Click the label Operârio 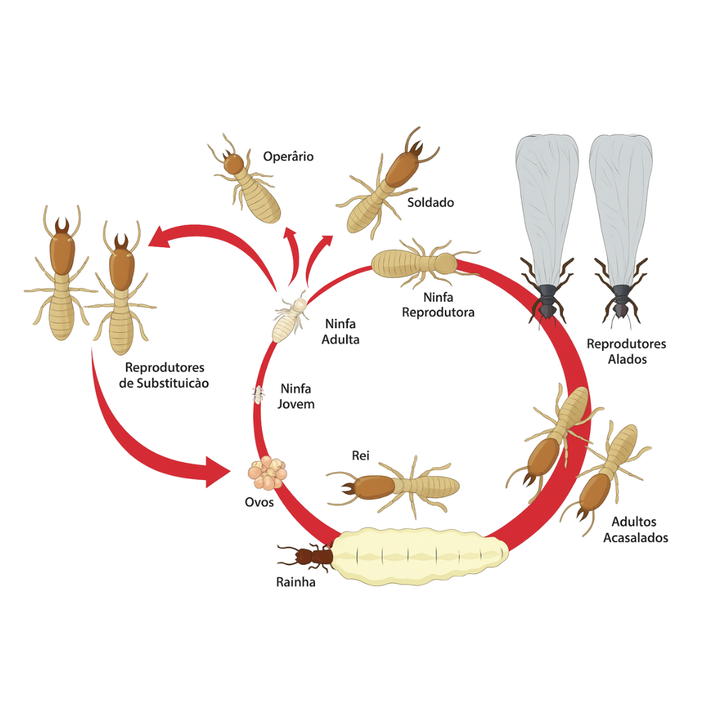tap(288, 156)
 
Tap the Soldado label tap(431, 202)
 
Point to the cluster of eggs tap(268, 473)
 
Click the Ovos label tap(259, 503)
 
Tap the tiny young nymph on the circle tap(259, 394)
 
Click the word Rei tap(360, 455)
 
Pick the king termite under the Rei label tap(392, 487)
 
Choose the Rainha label tap(296, 582)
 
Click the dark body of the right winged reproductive tap(621, 301)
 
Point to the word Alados tap(627, 359)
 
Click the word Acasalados tap(636, 538)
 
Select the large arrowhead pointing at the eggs tap(218, 472)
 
